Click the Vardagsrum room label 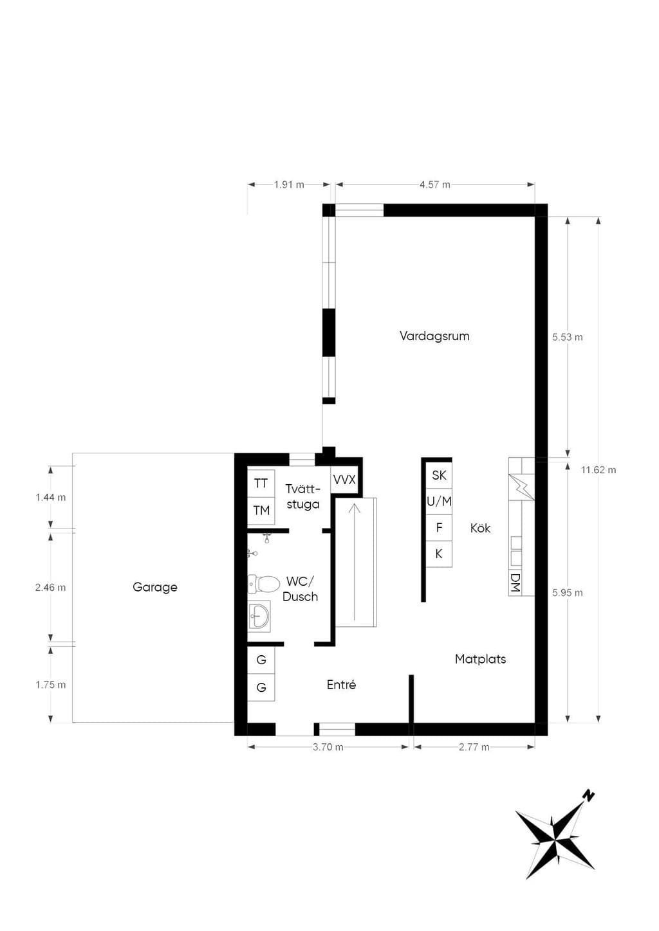(x=434, y=336)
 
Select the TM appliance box (x=261, y=511)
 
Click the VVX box (x=344, y=480)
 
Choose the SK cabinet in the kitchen (x=439, y=475)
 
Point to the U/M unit (x=439, y=502)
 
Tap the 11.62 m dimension (x=599, y=470)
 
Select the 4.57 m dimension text (x=435, y=185)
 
